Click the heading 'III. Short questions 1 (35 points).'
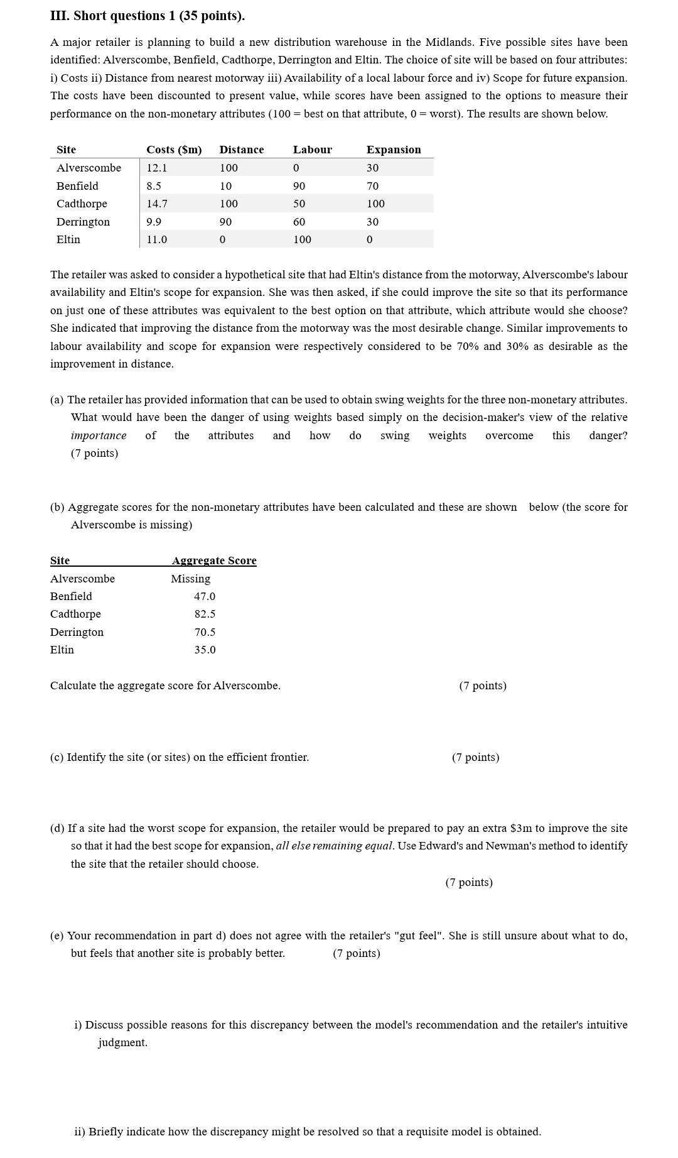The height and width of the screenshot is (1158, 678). [148, 16]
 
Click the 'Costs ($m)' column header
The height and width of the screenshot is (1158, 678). [174, 150]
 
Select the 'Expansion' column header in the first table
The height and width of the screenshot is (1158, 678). [394, 150]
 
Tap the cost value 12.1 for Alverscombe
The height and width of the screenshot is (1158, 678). [157, 168]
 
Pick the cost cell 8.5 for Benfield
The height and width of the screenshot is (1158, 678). [154, 186]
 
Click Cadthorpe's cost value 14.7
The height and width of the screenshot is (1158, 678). [157, 204]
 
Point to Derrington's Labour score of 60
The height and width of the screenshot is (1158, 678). [299, 222]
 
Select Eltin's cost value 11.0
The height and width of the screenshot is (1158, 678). [157, 239]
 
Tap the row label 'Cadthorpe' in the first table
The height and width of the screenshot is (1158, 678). [82, 204]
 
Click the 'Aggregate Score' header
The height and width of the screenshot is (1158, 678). [214, 560]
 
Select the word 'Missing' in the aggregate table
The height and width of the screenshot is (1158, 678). [190, 579]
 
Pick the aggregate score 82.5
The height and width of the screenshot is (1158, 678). [205, 614]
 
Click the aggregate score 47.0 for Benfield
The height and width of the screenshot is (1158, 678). [205, 596]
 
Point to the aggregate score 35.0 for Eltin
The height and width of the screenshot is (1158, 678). [205, 650]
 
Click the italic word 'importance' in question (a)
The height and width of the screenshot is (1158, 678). [99, 435]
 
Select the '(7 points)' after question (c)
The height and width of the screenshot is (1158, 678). [475, 757]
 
